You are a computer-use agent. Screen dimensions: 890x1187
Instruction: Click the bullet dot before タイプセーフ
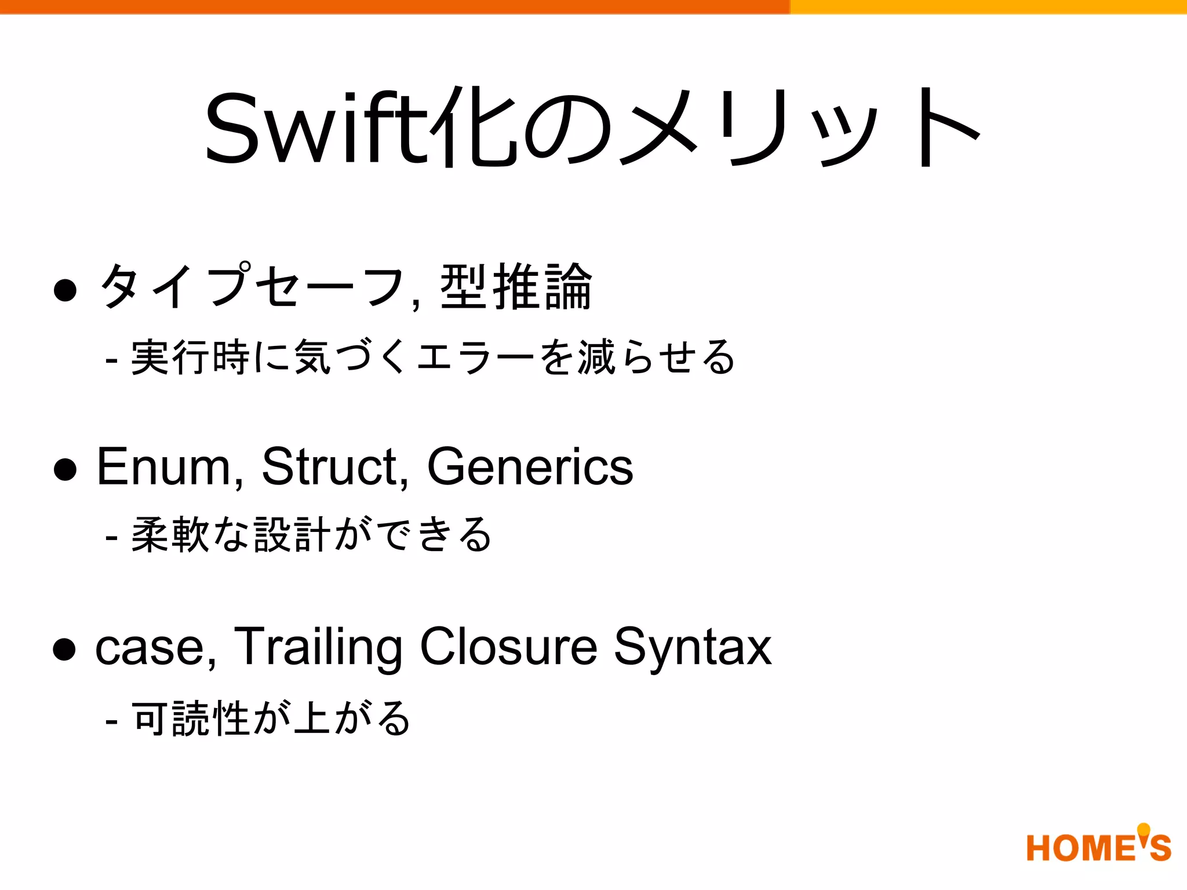(x=65, y=290)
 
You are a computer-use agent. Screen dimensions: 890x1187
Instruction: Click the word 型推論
(x=516, y=287)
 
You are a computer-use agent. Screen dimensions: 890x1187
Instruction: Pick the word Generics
(x=530, y=467)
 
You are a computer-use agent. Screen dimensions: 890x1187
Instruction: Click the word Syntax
(x=693, y=648)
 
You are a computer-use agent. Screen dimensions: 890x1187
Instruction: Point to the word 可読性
(x=191, y=718)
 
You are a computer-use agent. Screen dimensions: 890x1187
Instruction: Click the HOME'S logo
(x=1098, y=846)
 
